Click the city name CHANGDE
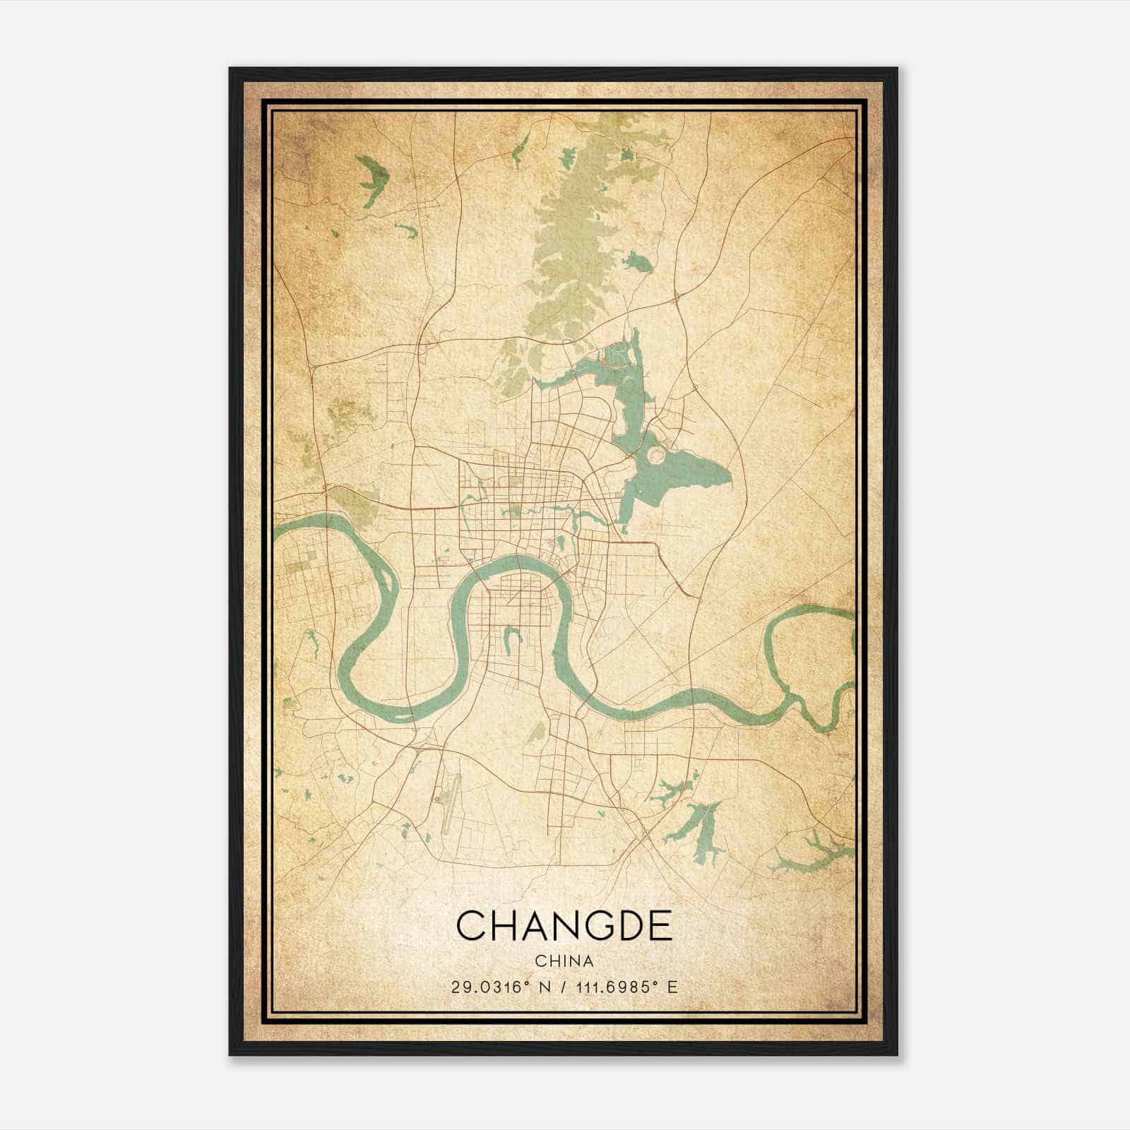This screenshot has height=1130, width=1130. tap(564, 925)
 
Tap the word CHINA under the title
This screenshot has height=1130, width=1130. tap(564, 961)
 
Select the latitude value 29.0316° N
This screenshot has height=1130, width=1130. tap(494, 987)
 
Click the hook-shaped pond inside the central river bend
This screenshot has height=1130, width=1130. tap(509, 639)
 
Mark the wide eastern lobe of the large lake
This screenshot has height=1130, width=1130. tap(696, 473)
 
